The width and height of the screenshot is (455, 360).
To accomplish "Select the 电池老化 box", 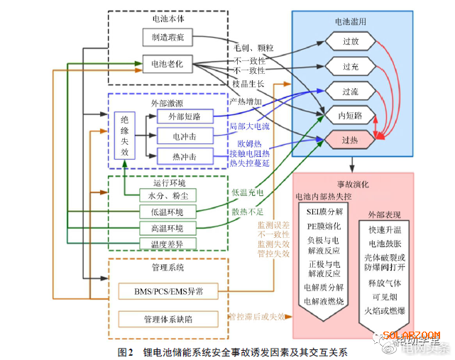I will click(x=168, y=64).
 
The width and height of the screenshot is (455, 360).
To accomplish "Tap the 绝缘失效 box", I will click(x=125, y=136).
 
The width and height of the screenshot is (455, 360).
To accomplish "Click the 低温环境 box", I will click(x=168, y=212).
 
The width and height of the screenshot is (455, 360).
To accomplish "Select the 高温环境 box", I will click(x=168, y=228).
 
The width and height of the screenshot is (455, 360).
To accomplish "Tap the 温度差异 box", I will click(x=168, y=244).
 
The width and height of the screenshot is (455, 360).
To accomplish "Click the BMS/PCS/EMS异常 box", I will click(x=168, y=291).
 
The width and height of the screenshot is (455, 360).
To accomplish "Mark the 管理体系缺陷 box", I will click(x=168, y=319).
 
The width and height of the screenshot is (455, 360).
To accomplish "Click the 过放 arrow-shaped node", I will click(x=350, y=42).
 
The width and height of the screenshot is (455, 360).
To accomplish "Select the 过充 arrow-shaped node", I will click(x=350, y=66).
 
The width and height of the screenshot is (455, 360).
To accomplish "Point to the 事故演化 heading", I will click(x=353, y=183).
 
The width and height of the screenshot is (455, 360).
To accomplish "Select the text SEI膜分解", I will click(x=324, y=212).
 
